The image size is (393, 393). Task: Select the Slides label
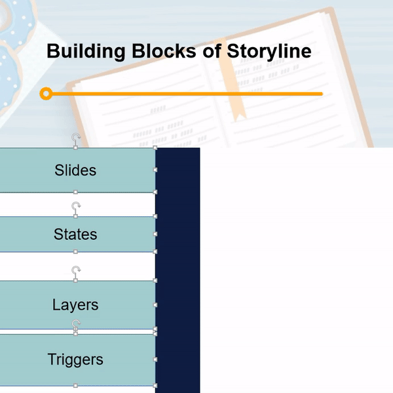coord(75,170)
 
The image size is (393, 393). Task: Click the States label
coord(75,234)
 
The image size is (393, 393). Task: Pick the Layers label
coord(75,305)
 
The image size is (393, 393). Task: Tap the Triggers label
coord(75,360)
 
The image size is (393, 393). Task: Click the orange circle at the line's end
coord(46,94)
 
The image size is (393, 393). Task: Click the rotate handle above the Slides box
coord(76,138)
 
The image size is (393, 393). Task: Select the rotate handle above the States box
coord(76,207)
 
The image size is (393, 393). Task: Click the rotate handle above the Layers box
coord(76,271)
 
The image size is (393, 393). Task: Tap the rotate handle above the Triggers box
coord(76,324)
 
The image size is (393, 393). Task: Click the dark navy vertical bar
coord(178,269)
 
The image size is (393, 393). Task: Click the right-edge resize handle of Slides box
coord(155,170)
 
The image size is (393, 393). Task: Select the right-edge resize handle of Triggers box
coord(155,360)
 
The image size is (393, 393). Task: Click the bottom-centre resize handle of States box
coord(75,252)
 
